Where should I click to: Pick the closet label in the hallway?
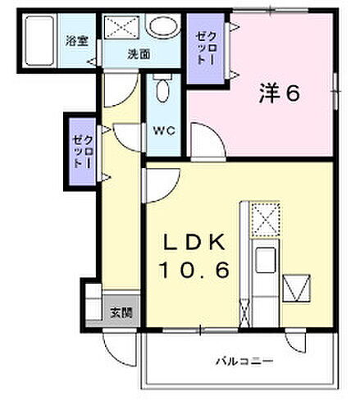coord(79,152)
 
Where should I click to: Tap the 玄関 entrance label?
coord(119,312)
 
